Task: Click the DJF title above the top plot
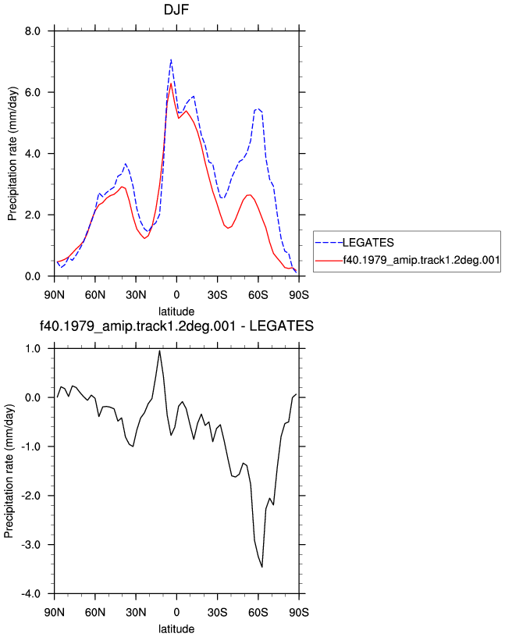point(176,9)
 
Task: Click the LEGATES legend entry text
point(368,243)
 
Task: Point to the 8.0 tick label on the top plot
point(33,31)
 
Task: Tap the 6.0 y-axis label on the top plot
point(33,92)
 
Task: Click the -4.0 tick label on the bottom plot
point(31,593)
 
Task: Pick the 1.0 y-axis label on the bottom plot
point(33,349)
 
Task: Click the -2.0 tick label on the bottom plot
point(31,496)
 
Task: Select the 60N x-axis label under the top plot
point(95,294)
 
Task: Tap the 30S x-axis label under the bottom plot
point(217,612)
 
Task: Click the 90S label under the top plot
point(299,294)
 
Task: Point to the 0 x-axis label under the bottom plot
point(176,612)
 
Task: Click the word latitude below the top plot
point(176,311)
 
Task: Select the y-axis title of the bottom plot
point(9,471)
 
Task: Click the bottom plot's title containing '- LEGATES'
point(176,326)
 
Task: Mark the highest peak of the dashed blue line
point(171,59)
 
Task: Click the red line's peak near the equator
point(171,84)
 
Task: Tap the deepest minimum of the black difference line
point(262,567)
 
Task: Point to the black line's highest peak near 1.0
point(160,351)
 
